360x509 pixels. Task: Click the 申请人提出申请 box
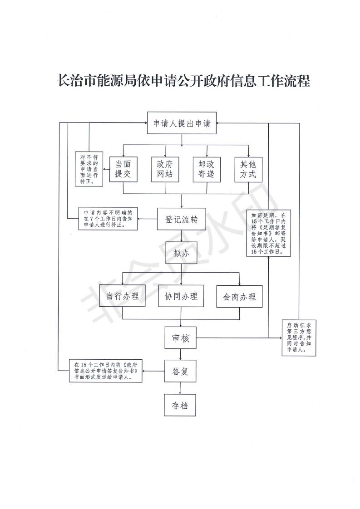182,123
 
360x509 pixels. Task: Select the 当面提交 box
123,169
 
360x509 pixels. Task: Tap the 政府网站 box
165,169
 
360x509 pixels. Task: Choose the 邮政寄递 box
207,169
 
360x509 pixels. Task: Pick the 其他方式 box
248,169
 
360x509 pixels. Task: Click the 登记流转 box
181,219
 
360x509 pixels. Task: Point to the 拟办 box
181,253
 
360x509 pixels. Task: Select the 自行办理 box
123,296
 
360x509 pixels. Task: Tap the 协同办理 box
181,296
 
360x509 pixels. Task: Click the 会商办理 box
239,296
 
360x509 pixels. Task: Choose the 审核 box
181,338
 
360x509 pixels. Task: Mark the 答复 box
180,371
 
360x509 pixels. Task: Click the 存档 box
180,405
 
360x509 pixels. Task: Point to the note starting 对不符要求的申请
89,169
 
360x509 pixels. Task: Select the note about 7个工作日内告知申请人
108,219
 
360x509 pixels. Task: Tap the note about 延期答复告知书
268,233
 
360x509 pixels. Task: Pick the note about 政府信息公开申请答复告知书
106,371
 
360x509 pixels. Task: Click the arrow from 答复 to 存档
180,388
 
